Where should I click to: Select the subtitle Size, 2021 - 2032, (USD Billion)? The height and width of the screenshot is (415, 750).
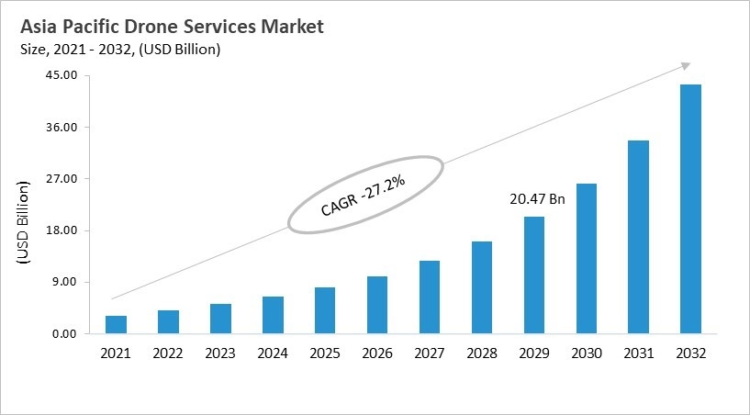tap(119, 50)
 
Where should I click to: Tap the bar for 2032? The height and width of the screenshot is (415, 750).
tap(690, 208)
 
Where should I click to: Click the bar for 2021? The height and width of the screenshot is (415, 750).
tap(117, 324)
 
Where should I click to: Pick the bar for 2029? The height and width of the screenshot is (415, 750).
tap(533, 275)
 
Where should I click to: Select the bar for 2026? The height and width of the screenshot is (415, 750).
tap(377, 304)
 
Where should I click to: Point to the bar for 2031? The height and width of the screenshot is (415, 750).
tap(638, 237)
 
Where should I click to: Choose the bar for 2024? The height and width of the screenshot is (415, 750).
tap(273, 314)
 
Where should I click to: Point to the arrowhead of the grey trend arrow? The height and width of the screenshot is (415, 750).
tap(684, 65)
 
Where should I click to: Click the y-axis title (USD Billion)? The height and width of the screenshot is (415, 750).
tap(24, 224)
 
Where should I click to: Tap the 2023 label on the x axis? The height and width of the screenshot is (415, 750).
tap(220, 353)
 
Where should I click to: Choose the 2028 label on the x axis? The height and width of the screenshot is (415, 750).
tap(481, 353)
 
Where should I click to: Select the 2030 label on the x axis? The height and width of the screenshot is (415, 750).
tap(586, 353)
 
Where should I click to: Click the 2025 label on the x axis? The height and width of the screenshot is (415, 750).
tap(325, 353)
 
